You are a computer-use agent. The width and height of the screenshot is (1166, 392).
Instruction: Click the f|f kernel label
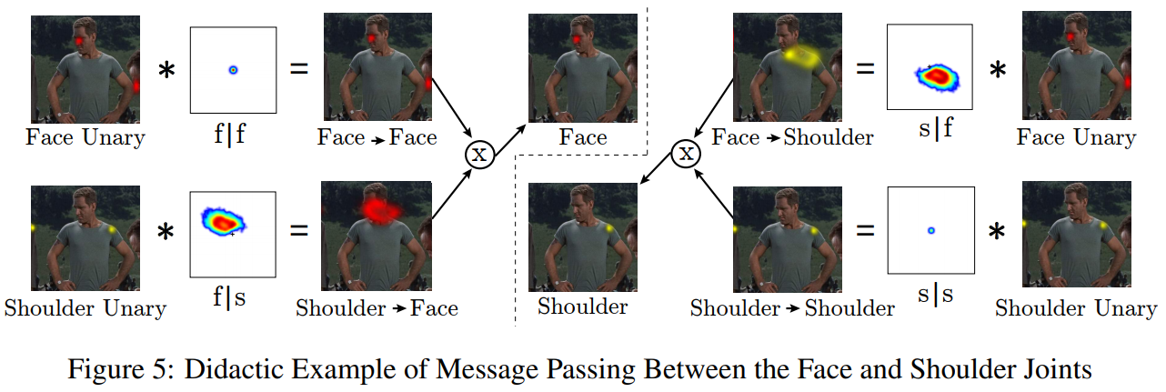(232, 137)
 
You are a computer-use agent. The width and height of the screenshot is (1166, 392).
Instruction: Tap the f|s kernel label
(232, 298)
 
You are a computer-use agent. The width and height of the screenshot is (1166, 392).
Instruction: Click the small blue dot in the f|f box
(233, 69)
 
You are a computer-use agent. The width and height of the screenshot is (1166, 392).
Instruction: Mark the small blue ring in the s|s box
(930, 230)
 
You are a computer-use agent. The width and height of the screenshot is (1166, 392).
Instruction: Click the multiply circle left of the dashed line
(479, 154)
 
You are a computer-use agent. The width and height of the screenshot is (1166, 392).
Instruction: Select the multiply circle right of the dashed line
(687, 154)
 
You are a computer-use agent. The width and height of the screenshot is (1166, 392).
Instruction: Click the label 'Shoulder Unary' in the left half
(85, 307)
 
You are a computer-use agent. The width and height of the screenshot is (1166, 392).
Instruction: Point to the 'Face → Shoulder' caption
(792, 137)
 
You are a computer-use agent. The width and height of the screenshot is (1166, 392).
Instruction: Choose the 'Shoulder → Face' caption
(377, 307)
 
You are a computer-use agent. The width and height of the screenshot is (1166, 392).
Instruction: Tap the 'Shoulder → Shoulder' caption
(792, 307)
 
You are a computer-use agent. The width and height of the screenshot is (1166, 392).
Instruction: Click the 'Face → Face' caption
(377, 137)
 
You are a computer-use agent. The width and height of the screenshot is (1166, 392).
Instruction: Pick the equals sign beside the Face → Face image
(298, 69)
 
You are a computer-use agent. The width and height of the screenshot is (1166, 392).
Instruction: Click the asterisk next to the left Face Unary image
(166, 69)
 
